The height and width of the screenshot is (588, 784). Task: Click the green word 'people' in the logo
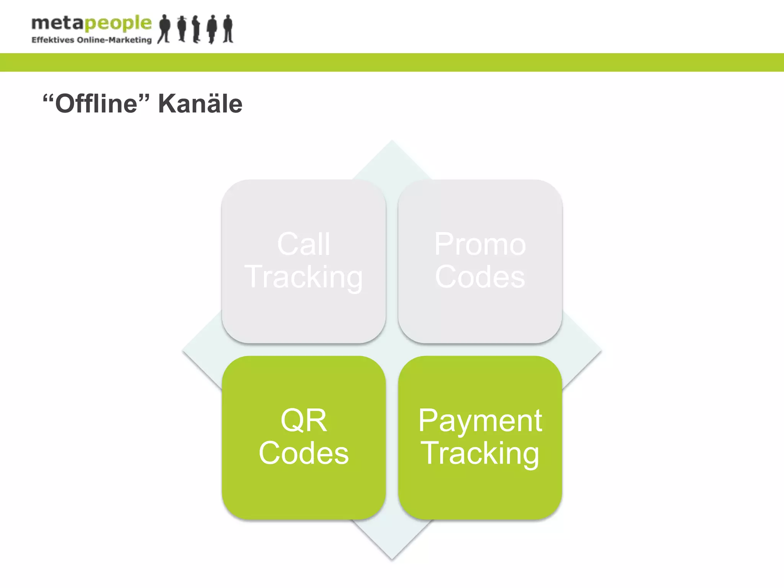pos(118,24)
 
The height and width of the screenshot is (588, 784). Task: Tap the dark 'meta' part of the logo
pos(57,24)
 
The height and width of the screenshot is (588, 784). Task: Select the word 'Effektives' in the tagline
pos(52,40)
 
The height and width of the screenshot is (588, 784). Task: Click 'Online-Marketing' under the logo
pos(114,40)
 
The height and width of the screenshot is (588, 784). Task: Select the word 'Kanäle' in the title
pos(200,104)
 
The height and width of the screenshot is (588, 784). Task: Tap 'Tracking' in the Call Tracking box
pos(304,277)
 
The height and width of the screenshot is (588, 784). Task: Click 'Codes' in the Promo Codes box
pos(480,276)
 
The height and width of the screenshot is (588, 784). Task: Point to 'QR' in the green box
pos(304,420)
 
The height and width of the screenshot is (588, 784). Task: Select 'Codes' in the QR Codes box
pos(304,453)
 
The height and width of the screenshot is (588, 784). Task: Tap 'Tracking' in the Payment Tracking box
pos(480,453)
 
